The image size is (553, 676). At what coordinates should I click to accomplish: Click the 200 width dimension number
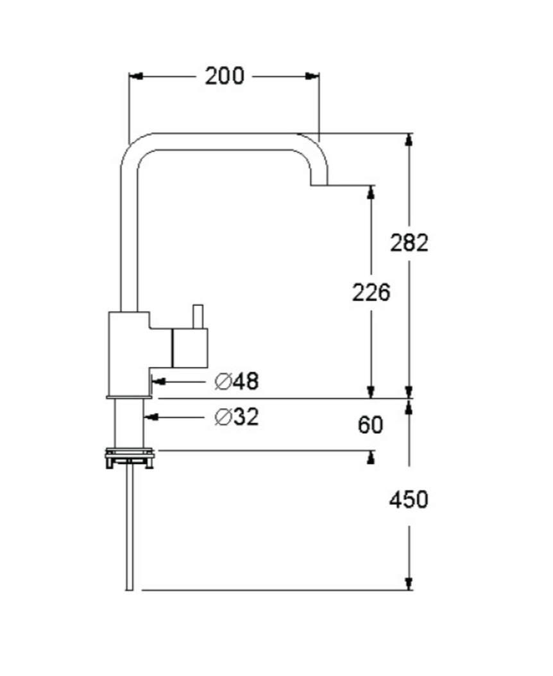tap(225, 76)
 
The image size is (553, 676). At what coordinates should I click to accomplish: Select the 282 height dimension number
tap(409, 242)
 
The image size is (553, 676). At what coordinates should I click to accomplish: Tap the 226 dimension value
tap(371, 292)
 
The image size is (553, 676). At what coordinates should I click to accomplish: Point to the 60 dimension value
tap(370, 425)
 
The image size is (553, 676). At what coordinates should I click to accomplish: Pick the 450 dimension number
tap(409, 500)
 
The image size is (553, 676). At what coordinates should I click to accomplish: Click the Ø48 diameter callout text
tap(237, 381)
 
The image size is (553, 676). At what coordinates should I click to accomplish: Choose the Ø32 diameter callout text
tap(237, 417)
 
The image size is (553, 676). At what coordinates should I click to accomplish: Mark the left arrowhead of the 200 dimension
tap(136, 76)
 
